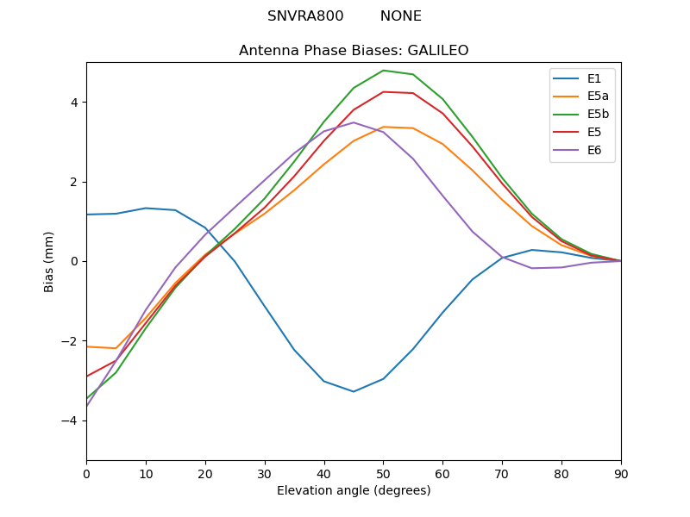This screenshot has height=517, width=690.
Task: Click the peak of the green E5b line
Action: pyautogui.click(x=383, y=71)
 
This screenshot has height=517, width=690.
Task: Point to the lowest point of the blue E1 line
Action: pyautogui.click(x=354, y=391)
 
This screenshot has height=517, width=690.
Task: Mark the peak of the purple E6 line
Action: pyautogui.click(x=354, y=122)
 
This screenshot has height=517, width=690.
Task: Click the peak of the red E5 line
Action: pyautogui.click(x=383, y=91)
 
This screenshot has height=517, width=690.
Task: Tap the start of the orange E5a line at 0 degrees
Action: pyautogui.click(x=87, y=346)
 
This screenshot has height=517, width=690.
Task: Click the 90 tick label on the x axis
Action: pyautogui.click(x=621, y=474)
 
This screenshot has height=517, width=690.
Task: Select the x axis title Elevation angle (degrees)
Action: pyautogui.click(x=354, y=491)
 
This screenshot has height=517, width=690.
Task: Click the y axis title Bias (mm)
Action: pyautogui.click(x=49, y=261)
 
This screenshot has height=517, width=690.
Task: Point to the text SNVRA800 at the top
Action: pyautogui.click(x=305, y=16)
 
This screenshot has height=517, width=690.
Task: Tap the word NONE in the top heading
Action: pyautogui.click(x=401, y=16)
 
